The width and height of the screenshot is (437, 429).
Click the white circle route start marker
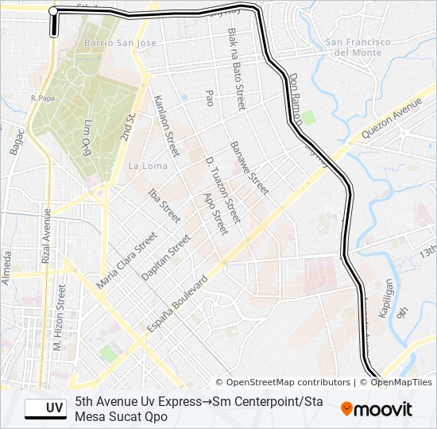point(53,11)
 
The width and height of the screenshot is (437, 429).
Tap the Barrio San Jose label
point(119,42)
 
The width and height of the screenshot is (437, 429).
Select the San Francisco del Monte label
point(358,47)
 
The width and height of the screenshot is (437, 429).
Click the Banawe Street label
point(249,168)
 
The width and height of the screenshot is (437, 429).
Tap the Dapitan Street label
point(166,257)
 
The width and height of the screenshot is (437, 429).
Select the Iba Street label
point(164,205)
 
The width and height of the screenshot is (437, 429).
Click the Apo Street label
point(215,213)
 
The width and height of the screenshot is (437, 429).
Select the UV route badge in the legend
point(45,408)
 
